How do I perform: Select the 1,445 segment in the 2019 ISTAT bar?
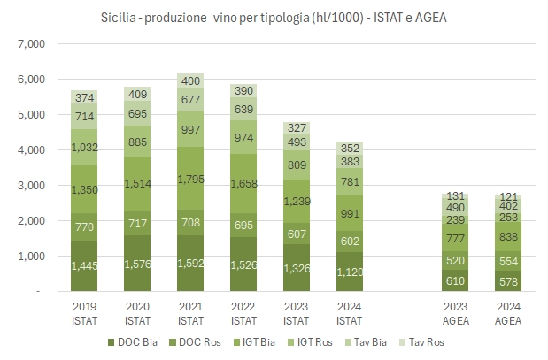pyautogui.click(x=85, y=264)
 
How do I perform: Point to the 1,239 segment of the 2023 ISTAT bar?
pyautogui.click(x=297, y=202)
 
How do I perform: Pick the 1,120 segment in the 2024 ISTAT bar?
pyautogui.click(x=350, y=272)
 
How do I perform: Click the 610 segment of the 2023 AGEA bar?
pyautogui.click(x=456, y=280)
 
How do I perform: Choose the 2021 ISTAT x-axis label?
pyautogui.click(x=191, y=310)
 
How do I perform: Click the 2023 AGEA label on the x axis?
pyautogui.click(x=456, y=310)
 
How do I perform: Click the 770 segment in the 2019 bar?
pyautogui.click(x=85, y=226)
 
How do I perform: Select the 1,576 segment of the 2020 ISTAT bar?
pyautogui.click(x=138, y=263)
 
